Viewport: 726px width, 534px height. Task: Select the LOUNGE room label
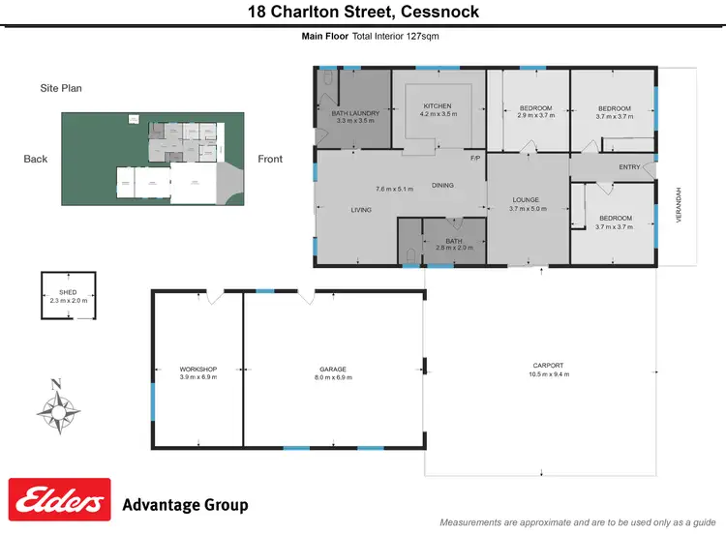click(528, 200)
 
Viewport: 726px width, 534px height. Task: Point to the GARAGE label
click(333, 370)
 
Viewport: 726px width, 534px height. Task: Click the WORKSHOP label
click(198, 370)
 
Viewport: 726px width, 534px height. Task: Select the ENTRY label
click(629, 167)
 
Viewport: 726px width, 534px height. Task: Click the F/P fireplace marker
click(475, 158)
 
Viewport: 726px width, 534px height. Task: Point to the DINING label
click(442, 185)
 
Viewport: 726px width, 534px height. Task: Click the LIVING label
click(361, 209)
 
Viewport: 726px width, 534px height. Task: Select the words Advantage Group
click(185, 505)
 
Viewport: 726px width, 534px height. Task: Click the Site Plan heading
click(61, 88)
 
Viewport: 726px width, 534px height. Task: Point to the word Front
click(270, 159)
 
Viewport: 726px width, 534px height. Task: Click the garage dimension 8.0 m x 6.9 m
click(333, 377)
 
